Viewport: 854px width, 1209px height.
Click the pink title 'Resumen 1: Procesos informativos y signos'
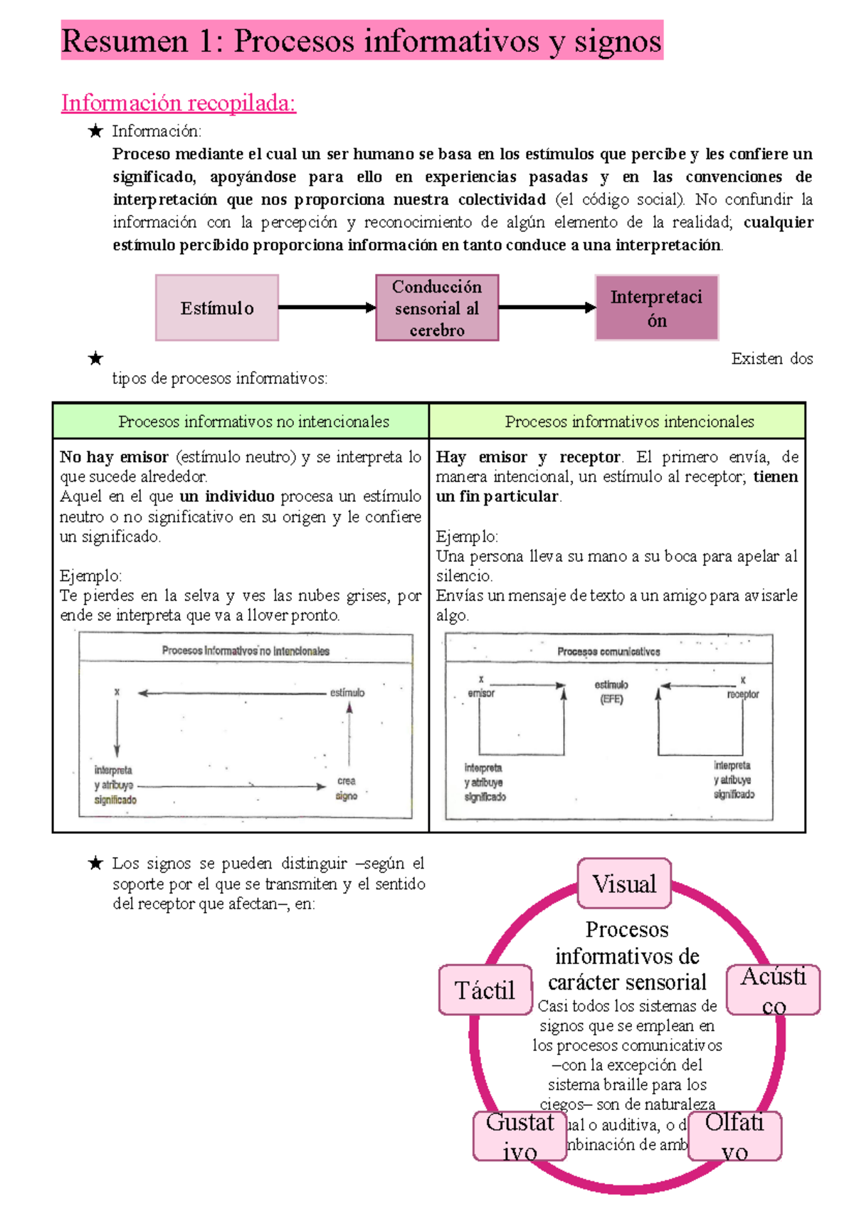[x=362, y=41]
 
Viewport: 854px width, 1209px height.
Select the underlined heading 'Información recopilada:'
[x=178, y=103]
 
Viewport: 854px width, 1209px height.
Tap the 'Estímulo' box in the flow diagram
[x=217, y=308]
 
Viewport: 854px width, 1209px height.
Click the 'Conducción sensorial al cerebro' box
[x=437, y=308]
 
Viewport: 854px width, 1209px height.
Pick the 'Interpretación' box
[x=657, y=308]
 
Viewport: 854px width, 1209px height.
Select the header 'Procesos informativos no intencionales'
[x=253, y=422]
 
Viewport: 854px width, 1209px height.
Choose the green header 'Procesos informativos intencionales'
[x=629, y=422]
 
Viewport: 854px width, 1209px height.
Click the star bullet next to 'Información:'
[x=95, y=131]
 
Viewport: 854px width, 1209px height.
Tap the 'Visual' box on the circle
[x=624, y=884]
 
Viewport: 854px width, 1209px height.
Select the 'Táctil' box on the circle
[x=485, y=990]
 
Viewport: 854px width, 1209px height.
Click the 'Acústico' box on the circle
[x=774, y=990]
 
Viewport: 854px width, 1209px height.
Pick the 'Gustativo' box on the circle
[x=520, y=1136]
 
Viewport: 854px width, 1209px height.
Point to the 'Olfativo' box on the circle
[x=734, y=1136]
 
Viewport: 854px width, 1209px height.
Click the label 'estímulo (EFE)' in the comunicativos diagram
[x=611, y=691]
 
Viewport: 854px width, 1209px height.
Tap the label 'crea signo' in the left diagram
[x=347, y=788]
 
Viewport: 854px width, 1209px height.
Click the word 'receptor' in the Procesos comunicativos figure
[x=742, y=694]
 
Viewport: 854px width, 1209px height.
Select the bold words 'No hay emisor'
[x=114, y=457]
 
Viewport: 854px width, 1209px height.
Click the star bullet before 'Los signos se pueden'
[x=95, y=864]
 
